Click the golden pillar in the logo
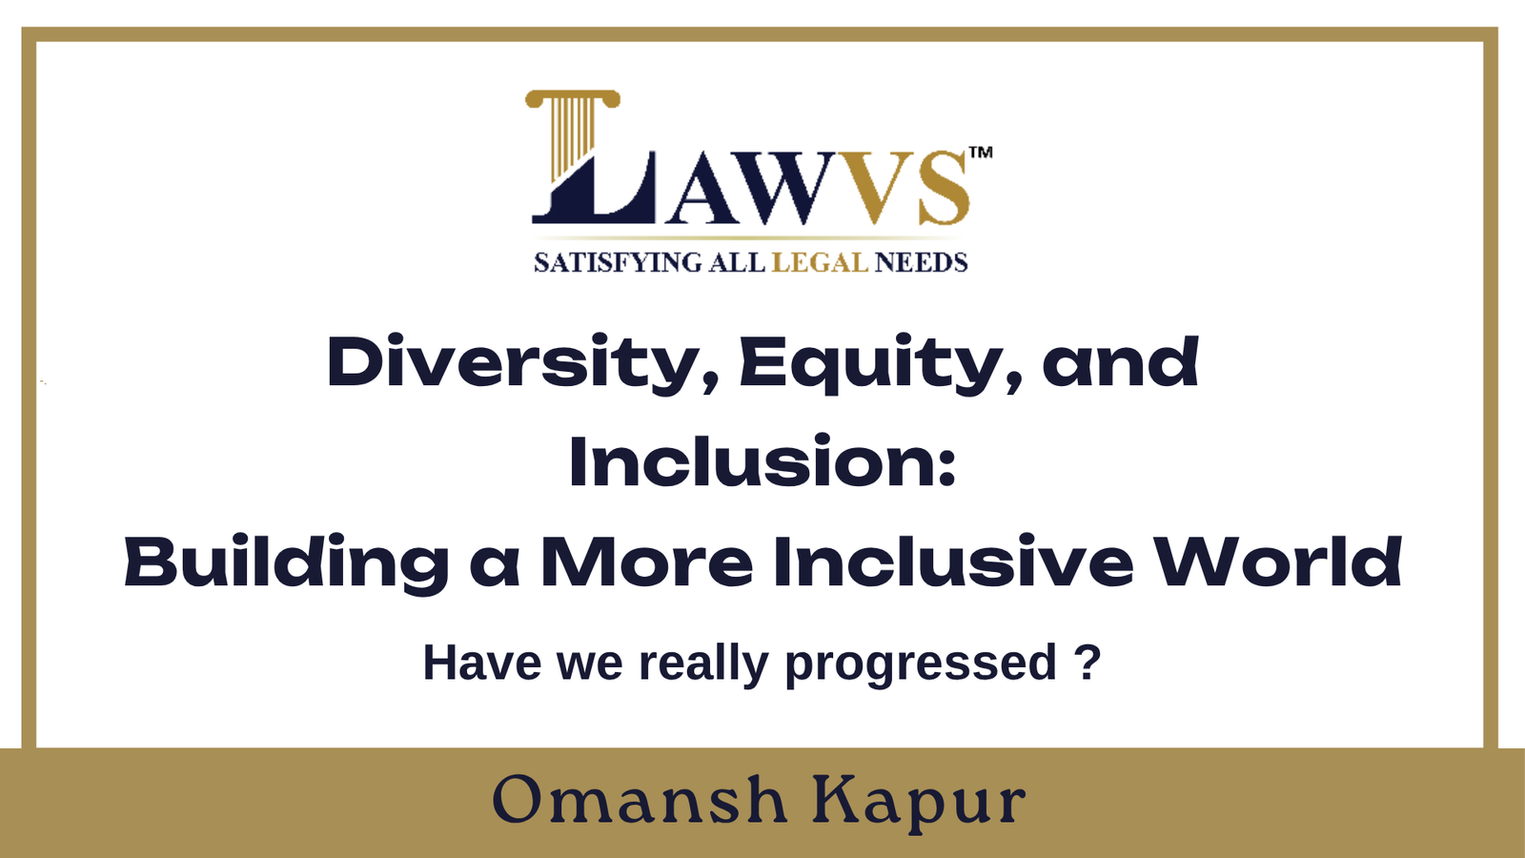[572, 133]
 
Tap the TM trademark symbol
[981, 152]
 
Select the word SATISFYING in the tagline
[618, 263]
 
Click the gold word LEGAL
[820, 263]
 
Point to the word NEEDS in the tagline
[921, 263]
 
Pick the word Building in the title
[287, 563]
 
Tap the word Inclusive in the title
[954, 562]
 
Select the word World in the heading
[1278, 562]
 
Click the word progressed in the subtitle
[921, 664]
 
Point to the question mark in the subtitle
[1087, 661]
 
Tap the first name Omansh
[640, 800]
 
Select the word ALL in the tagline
[737, 263]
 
